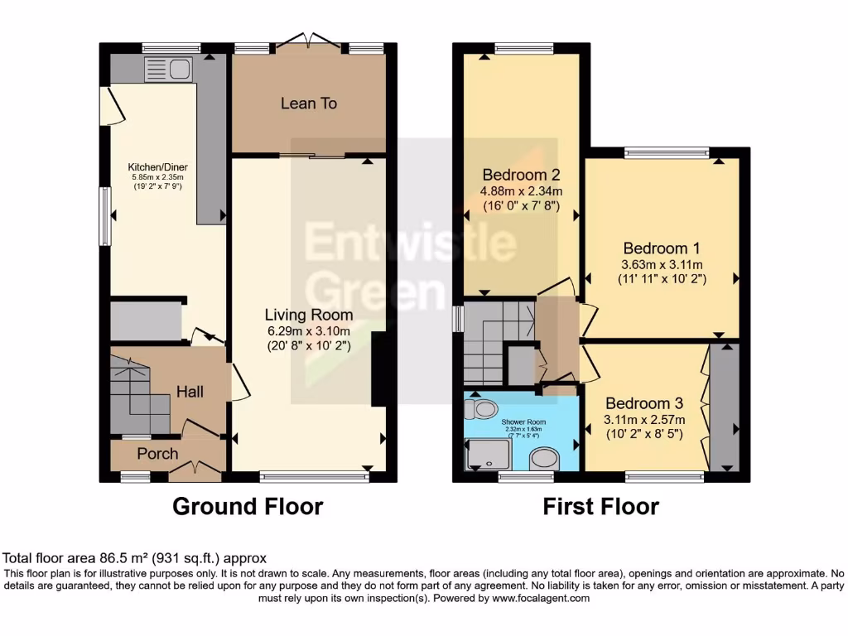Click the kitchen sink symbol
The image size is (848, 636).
168,70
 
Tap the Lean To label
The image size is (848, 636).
309,104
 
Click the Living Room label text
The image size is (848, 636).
309,315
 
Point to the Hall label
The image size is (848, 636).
190,392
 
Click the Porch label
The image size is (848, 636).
157,453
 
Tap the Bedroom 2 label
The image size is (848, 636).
522,175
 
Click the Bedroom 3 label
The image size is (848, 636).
644,403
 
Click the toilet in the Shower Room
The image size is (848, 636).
482,408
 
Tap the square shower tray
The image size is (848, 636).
489,455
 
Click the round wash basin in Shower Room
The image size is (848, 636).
545,458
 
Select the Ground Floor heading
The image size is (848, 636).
248,506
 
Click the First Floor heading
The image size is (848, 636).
601,506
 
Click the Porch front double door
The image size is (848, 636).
195,470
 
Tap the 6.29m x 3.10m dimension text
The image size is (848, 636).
309,331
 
